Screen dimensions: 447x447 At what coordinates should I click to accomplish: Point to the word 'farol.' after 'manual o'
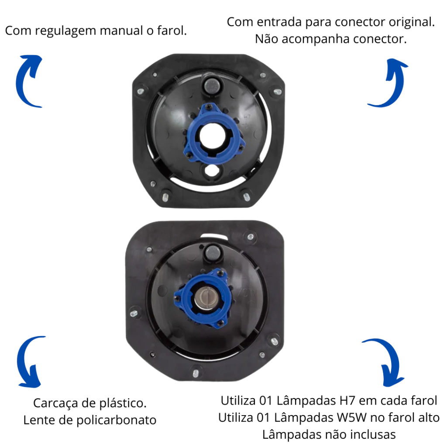pyautogui.click(x=172, y=31)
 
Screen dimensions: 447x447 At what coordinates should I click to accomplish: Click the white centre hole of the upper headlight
pyautogui.click(x=213, y=137)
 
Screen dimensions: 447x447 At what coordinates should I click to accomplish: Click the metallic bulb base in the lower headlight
pyautogui.click(x=205, y=297)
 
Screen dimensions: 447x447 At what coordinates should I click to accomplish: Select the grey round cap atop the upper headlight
pyautogui.click(x=212, y=85)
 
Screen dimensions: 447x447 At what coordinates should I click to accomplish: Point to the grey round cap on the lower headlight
pyautogui.click(x=213, y=253)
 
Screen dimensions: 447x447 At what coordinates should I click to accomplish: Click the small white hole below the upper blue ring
pyautogui.click(x=211, y=171)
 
